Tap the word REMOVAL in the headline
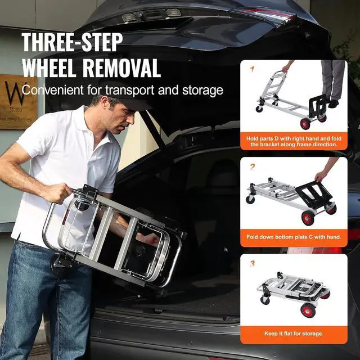pos(120,67)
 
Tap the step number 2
pos(252,166)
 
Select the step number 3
pos(252,263)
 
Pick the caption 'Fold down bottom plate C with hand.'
pos(294,237)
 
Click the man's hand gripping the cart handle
pos(57,193)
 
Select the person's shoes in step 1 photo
pos(333,103)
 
